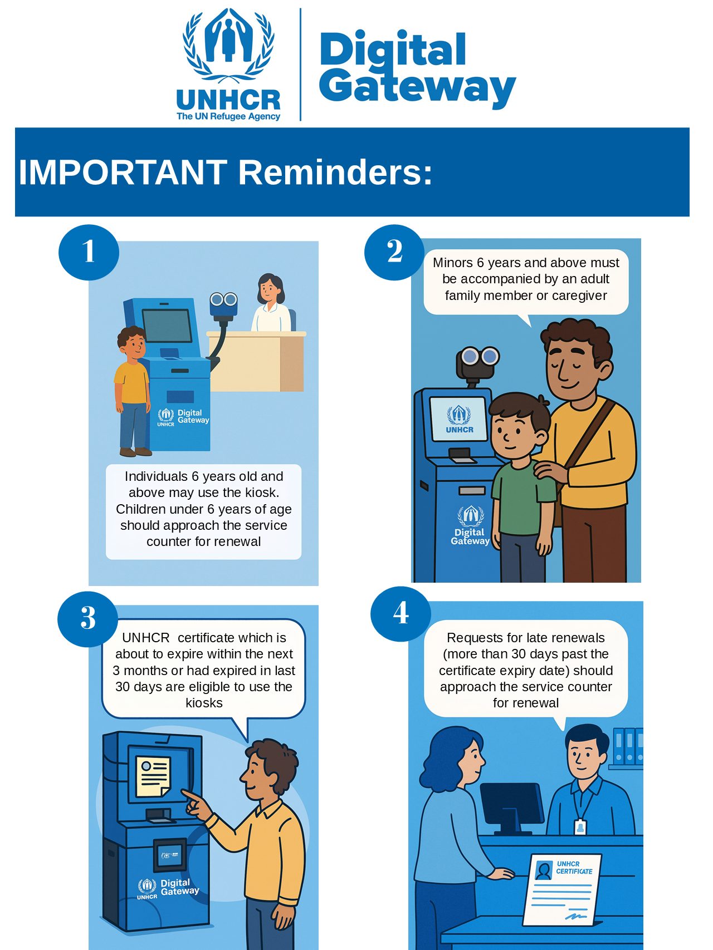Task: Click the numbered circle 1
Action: tap(89, 252)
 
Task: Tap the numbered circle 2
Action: tap(394, 252)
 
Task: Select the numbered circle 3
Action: tap(88, 618)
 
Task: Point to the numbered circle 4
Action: tap(401, 613)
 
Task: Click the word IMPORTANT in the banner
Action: tap(123, 172)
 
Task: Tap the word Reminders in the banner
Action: tap(335, 172)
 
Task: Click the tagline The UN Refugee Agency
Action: tap(228, 116)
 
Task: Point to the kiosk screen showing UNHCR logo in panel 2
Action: tap(460, 419)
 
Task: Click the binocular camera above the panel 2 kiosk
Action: tap(477, 362)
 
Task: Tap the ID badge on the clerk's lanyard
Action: tap(580, 828)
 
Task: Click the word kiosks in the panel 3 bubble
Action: tap(204, 703)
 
